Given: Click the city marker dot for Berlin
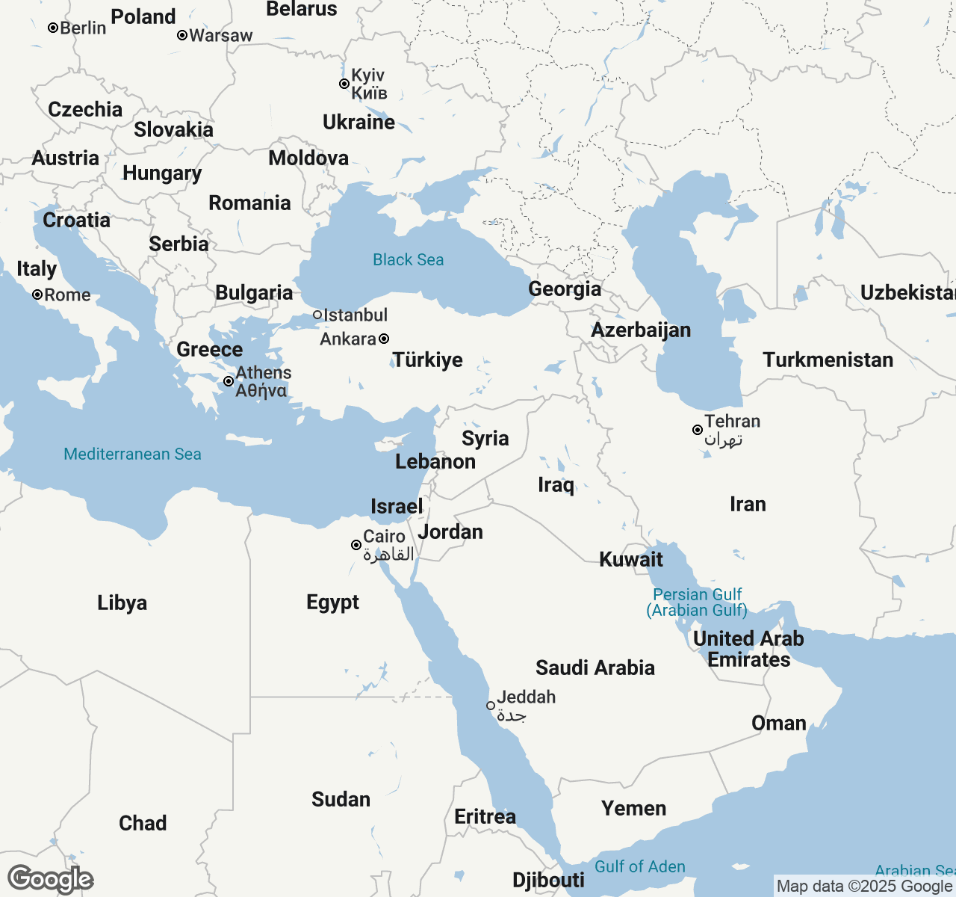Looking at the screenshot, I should [x=53, y=28].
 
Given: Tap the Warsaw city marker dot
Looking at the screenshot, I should [x=182, y=35].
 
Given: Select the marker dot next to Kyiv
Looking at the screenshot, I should [x=344, y=84].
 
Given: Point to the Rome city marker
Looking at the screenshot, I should [x=37, y=295].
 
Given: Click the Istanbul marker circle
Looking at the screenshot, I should [x=317, y=315].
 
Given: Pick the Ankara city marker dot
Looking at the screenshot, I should [x=384, y=339].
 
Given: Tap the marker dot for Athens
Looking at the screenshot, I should [x=229, y=381].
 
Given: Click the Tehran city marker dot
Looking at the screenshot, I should [x=698, y=430].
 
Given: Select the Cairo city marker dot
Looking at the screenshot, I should [x=356, y=545].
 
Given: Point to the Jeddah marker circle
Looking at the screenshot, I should [x=491, y=705].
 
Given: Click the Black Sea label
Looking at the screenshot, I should [x=408, y=259].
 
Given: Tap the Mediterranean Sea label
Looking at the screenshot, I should [x=132, y=454].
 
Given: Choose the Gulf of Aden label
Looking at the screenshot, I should [x=639, y=866].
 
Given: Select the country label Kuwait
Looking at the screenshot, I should [x=631, y=559].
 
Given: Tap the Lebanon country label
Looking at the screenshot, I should [x=435, y=461].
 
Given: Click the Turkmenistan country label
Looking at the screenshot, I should [x=828, y=360].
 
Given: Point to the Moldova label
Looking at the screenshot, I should [x=308, y=158].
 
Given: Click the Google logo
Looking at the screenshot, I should [x=50, y=879].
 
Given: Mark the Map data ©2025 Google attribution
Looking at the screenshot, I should [x=863, y=887].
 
